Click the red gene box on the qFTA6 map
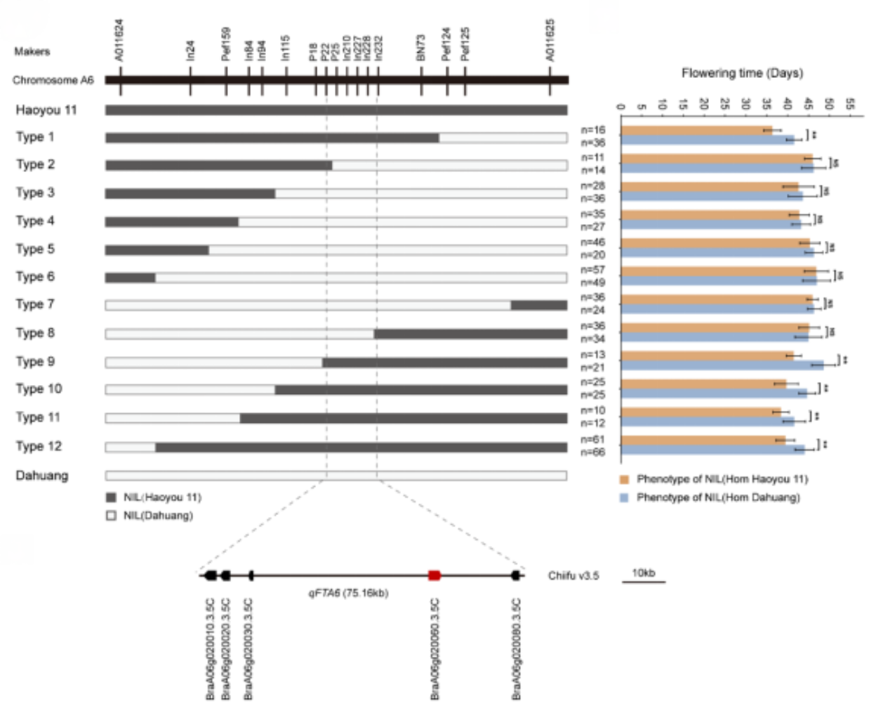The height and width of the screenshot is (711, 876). [434, 575]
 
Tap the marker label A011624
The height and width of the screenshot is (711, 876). [119, 40]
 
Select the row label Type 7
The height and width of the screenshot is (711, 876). [35, 304]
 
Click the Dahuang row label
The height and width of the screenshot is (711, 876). [42, 476]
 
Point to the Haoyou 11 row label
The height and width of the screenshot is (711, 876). [46, 110]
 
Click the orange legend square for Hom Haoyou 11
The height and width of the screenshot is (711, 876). [623, 479]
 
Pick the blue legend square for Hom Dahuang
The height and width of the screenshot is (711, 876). [623, 497]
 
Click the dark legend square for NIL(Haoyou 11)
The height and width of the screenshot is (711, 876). [111, 497]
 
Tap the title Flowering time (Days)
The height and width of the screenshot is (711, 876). [742, 73]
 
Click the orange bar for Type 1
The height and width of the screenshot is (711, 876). [696, 130]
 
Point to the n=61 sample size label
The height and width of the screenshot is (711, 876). [593, 440]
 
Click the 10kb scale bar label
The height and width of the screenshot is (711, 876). [643, 573]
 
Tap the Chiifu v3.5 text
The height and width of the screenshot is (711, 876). [573, 576]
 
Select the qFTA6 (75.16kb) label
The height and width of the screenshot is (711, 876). [347, 593]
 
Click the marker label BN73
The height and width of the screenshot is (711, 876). [421, 47]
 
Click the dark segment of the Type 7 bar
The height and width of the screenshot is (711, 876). [539, 305]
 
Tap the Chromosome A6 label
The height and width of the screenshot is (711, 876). [53, 80]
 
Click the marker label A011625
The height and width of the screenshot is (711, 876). [550, 40]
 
